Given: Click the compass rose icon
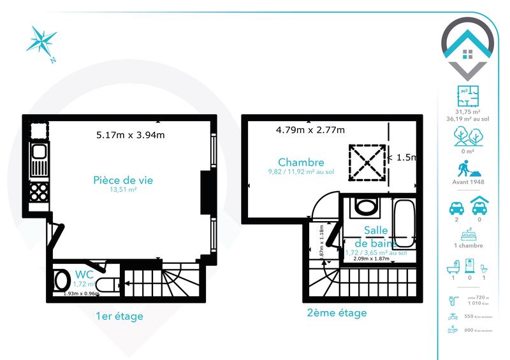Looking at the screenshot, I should click(41, 41).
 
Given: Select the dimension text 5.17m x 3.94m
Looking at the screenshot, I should click(130, 135).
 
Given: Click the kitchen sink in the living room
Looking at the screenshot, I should click(37, 153).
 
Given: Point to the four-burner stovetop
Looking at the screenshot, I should click(37, 192).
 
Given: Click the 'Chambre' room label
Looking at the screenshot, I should click(300, 162).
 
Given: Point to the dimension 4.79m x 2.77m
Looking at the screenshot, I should click(310, 131).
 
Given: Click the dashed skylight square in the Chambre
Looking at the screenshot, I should click(367, 163).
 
